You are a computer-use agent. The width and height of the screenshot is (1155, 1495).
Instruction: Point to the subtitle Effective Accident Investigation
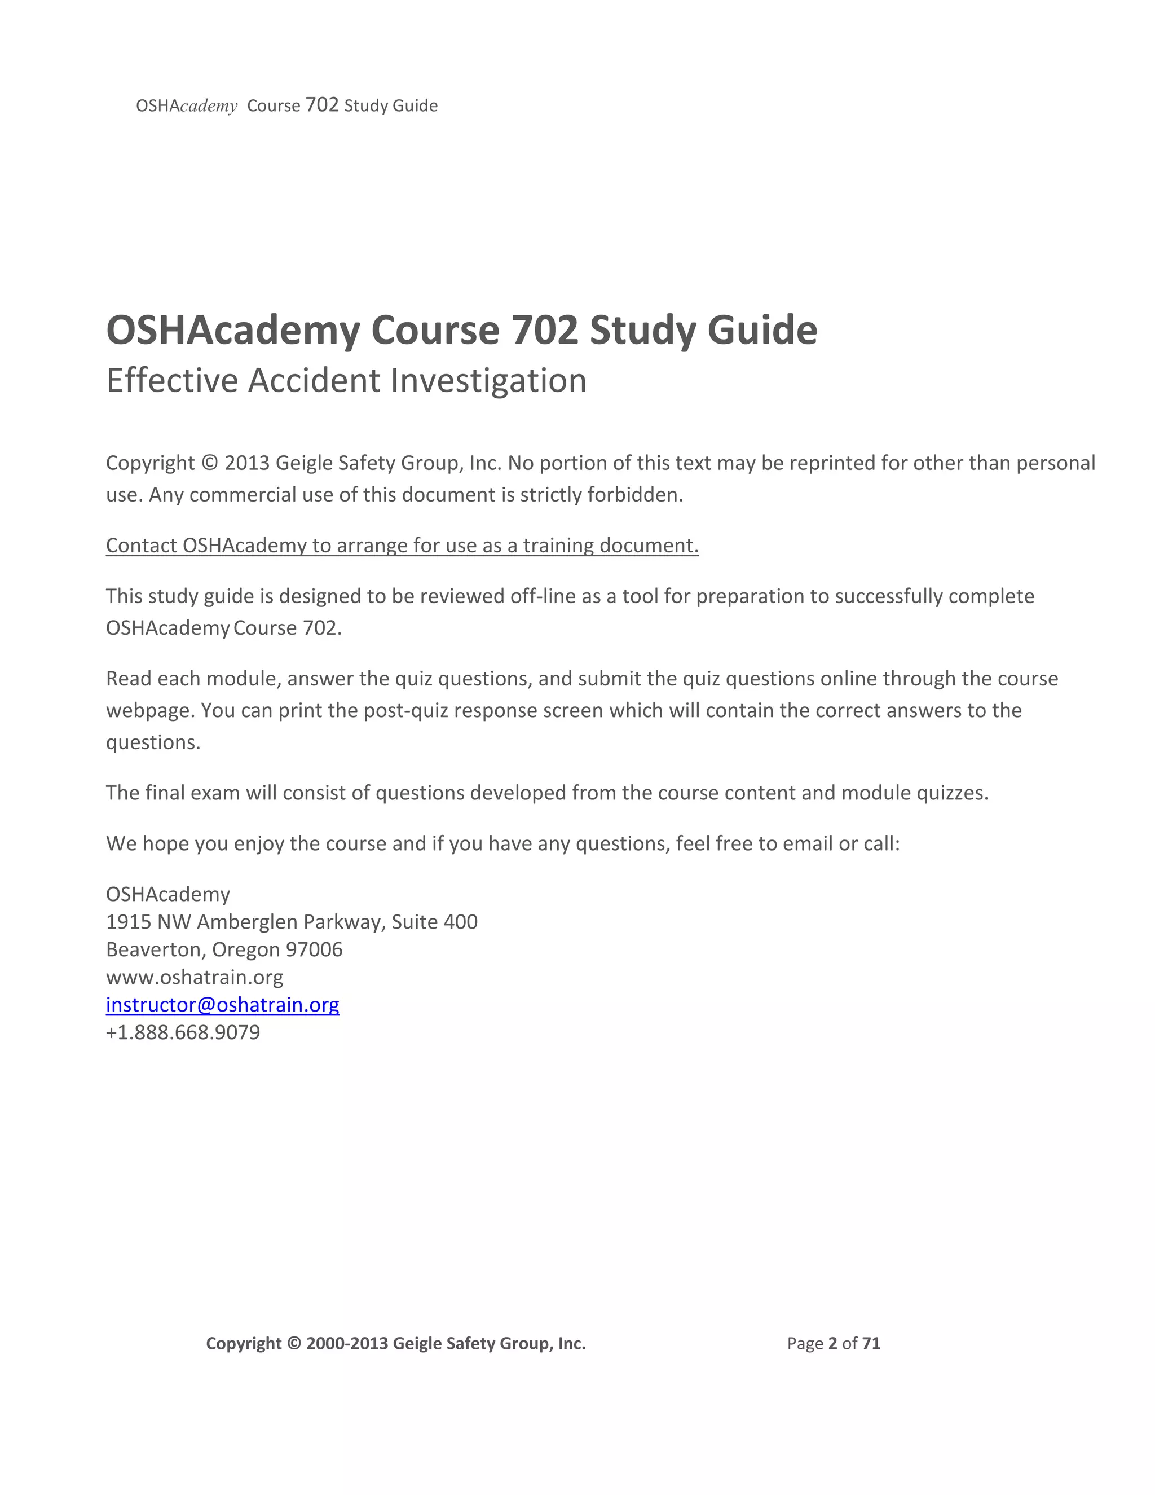[x=346, y=381]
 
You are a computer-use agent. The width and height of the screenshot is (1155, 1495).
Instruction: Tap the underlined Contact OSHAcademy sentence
[x=402, y=545]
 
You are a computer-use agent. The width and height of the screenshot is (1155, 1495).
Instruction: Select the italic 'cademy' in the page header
[x=209, y=106]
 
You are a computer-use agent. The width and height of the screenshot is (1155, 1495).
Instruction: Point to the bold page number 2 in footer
[x=833, y=1343]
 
